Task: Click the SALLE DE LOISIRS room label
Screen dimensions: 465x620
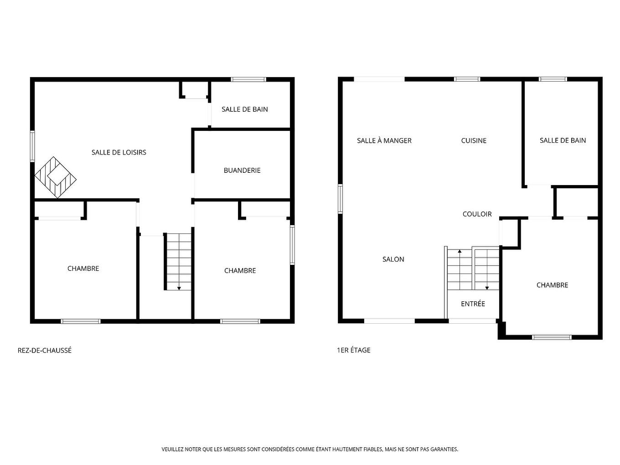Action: pyautogui.click(x=119, y=152)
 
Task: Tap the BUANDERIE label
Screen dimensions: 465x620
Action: pyautogui.click(x=242, y=170)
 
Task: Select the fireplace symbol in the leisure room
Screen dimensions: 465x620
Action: pyautogui.click(x=55, y=177)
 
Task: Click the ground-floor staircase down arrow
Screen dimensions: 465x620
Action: pyautogui.click(x=179, y=288)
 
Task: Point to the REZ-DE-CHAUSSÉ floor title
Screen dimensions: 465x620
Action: pyautogui.click(x=45, y=351)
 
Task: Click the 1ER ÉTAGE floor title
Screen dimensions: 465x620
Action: pyautogui.click(x=354, y=350)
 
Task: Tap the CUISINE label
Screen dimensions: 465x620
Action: pyautogui.click(x=474, y=141)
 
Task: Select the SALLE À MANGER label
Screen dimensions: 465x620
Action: pyautogui.click(x=384, y=141)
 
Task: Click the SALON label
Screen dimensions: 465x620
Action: pyautogui.click(x=393, y=259)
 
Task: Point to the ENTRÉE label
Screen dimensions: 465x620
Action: pyautogui.click(x=473, y=304)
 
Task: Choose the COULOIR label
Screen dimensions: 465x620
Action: pyautogui.click(x=477, y=214)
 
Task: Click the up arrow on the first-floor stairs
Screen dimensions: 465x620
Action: pyautogui.click(x=460, y=251)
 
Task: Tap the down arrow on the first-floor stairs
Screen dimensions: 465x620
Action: pyautogui.click(x=487, y=287)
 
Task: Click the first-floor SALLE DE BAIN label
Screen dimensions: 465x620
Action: pyautogui.click(x=563, y=140)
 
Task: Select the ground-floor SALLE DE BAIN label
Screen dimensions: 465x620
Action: pyautogui.click(x=245, y=109)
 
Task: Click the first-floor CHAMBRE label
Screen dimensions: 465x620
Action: pyautogui.click(x=552, y=285)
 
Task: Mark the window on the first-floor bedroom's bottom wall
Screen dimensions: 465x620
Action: pyautogui.click(x=552, y=337)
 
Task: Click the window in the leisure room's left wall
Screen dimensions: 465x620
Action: pyautogui.click(x=32, y=146)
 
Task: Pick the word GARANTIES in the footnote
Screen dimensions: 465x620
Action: pyautogui.click(x=444, y=449)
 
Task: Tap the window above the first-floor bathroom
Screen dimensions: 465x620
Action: pyautogui.click(x=553, y=79)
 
